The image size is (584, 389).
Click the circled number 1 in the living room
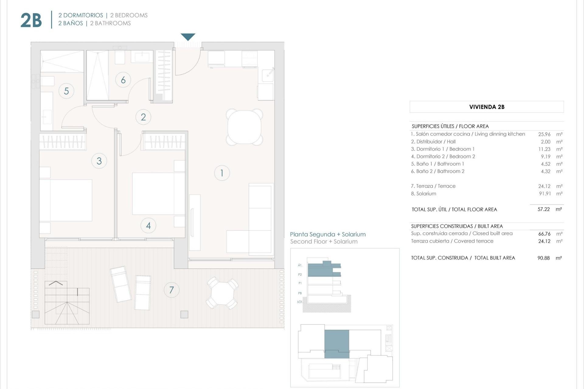[x=222, y=173]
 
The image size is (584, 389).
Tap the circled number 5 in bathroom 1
[x=66, y=91]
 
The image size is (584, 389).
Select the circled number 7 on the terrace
[x=172, y=290]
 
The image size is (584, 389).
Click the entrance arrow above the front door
[x=188, y=37]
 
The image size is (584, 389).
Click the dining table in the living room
[x=244, y=127]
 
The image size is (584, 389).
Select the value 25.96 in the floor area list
[x=544, y=134]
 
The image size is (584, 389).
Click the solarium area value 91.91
[x=545, y=194]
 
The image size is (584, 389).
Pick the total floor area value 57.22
[x=544, y=209]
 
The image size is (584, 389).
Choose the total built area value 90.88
[x=544, y=258]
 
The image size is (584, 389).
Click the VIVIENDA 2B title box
[x=487, y=107]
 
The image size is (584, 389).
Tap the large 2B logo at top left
[x=31, y=20]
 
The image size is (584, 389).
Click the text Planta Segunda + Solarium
[x=328, y=234]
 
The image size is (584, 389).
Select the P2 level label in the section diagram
[x=300, y=274]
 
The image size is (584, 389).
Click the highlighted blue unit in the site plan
[x=337, y=343]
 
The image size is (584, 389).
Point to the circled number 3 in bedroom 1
[x=99, y=161]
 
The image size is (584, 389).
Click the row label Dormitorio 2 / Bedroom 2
[x=443, y=157]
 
